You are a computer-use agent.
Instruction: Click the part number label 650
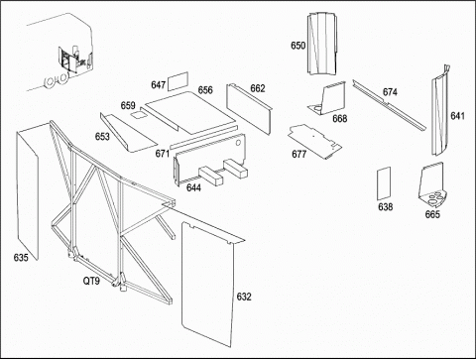297,46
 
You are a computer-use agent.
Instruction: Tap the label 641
457,116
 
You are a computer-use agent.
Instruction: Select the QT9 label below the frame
91,281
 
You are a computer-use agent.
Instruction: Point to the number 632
244,297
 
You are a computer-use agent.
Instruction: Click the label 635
21,257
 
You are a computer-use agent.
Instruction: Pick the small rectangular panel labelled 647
178,81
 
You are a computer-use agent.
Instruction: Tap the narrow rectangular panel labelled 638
384,183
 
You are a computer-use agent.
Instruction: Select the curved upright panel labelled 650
322,44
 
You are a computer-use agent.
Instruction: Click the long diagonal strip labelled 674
389,105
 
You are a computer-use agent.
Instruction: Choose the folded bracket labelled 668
327,99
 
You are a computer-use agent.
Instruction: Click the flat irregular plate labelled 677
314,141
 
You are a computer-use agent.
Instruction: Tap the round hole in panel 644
238,143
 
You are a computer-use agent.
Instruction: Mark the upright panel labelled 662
249,108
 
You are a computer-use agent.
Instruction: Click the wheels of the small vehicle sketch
57,80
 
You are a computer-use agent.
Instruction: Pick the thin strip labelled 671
203,137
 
